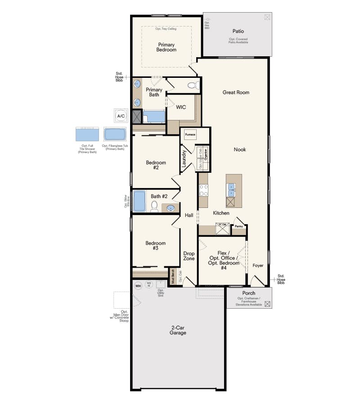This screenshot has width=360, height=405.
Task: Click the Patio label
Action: [238, 31]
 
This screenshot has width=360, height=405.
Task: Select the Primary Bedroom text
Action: [166, 47]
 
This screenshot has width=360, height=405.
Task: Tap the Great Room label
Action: [236, 92]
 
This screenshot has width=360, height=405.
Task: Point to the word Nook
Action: [240, 149]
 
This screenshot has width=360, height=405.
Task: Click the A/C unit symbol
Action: [121, 116]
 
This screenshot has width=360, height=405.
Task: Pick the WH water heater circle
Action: [138, 285]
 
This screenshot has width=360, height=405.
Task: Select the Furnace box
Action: [189, 135]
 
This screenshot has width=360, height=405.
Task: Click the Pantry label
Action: [238, 226]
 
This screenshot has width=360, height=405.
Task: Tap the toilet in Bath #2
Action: [154, 206]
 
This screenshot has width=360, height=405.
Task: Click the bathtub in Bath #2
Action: [139, 201]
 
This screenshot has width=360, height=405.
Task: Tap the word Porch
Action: [248, 293]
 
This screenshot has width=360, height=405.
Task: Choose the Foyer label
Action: [258, 265]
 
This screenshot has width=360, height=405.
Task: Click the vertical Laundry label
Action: [184, 159]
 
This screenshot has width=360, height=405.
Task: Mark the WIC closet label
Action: [181, 107]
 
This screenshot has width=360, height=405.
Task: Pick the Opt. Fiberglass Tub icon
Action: [115, 134]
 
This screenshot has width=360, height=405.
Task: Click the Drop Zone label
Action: [189, 256]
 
